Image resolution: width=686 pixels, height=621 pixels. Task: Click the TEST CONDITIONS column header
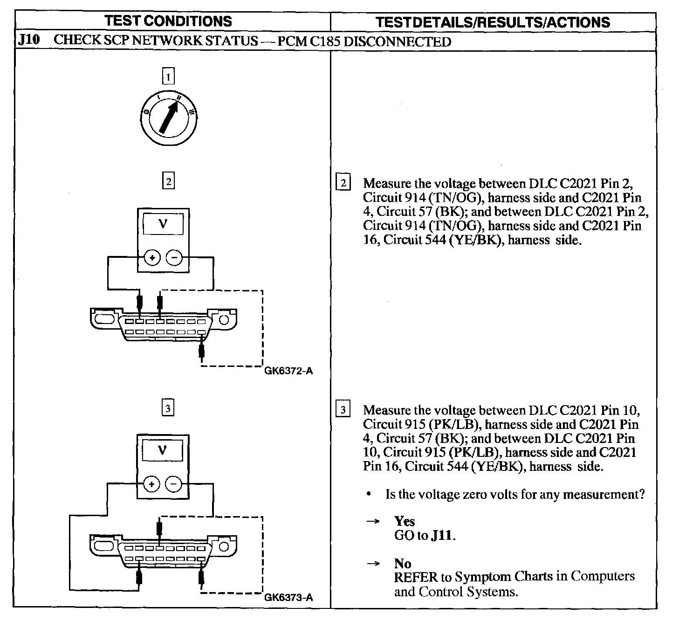tap(168, 21)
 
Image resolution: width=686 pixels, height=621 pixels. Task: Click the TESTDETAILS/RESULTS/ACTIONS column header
tap(493, 22)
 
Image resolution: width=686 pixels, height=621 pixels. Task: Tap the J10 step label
tap(28, 40)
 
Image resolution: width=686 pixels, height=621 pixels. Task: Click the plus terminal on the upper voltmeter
tap(151, 257)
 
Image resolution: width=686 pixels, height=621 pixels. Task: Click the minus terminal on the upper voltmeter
tap(174, 257)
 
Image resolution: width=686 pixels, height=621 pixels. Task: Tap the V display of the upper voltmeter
tap(163, 224)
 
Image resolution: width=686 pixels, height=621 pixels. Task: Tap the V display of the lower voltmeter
tap(163, 450)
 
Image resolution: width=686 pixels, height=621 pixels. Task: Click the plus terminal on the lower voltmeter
tap(151, 485)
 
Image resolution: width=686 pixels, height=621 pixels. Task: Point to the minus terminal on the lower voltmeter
tap(174, 485)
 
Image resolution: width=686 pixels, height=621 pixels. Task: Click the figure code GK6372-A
tap(288, 371)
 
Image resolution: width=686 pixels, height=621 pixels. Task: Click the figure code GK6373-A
tap(288, 598)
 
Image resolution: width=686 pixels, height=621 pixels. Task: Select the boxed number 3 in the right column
tap(343, 410)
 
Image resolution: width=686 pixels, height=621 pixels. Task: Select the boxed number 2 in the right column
tap(343, 183)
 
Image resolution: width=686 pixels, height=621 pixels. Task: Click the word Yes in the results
tap(404, 521)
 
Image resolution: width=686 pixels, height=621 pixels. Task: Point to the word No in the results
tap(402, 563)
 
